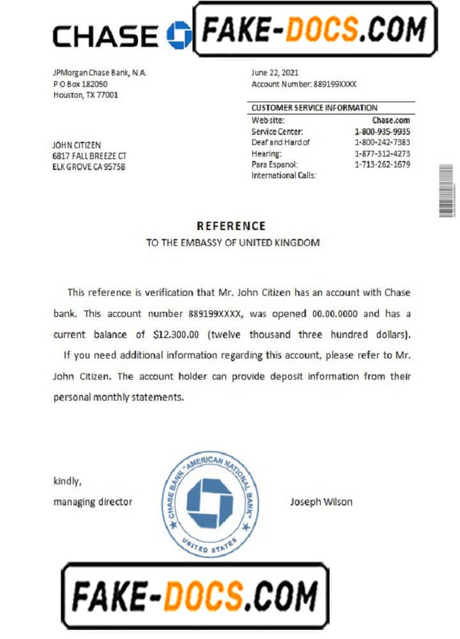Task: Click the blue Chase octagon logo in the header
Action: tap(179, 35)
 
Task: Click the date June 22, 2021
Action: tap(275, 73)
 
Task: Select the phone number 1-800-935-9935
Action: tap(382, 131)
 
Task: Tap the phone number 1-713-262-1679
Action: tap(382, 164)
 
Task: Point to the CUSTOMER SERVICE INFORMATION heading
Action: tap(314, 108)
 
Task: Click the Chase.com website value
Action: tap(390, 120)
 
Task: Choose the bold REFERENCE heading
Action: tap(231, 226)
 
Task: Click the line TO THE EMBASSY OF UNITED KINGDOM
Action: tap(233, 243)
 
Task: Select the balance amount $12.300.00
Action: tap(177, 334)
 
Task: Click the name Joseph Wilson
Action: tap(321, 502)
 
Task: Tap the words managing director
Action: tap(93, 502)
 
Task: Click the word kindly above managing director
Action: tap(67, 481)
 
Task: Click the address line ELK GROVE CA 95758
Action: tap(89, 167)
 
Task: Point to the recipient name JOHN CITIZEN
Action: tap(77, 145)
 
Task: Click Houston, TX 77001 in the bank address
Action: tap(85, 95)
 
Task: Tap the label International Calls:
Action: tap(284, 176)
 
